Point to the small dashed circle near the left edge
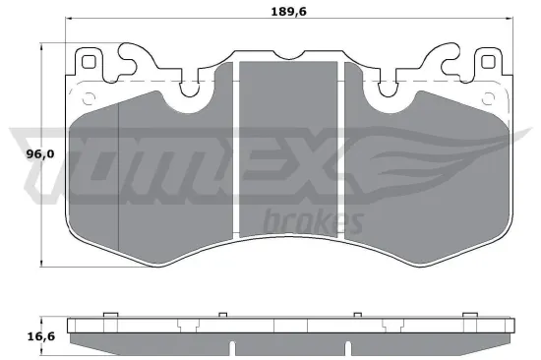(x=90, y=96)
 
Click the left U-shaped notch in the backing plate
(x=193, y=91)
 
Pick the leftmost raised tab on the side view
(x=109, y=315)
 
